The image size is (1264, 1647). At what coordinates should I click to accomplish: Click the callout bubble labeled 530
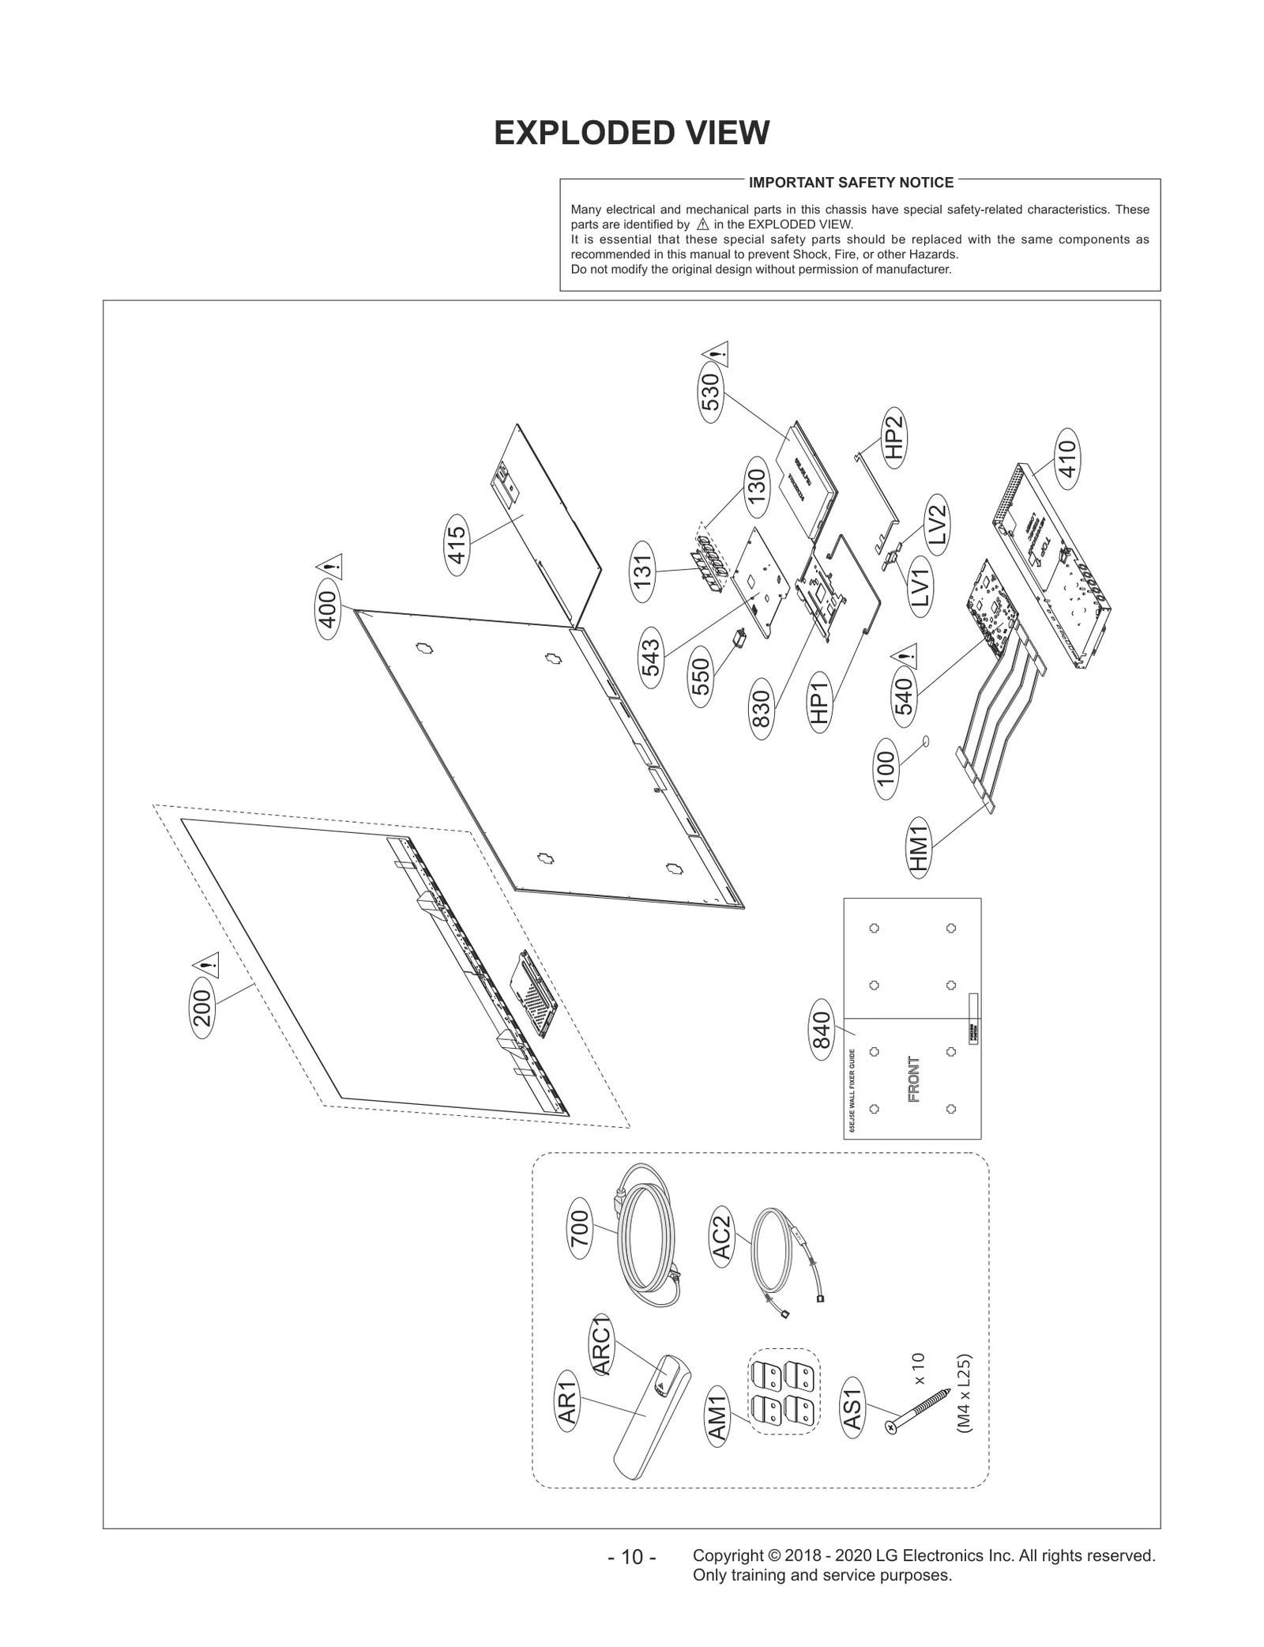tap(711, 393)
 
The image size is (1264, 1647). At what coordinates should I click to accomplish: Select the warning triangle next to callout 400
tap(329, 566)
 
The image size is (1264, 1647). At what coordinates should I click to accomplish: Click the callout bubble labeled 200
tap(203, 1008)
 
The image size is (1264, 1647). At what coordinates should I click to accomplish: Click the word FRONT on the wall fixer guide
tap(914, 1079)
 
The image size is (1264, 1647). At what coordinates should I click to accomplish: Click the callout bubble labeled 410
tap(1066, 458)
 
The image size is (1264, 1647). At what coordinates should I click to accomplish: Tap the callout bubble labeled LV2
tap(936, 522)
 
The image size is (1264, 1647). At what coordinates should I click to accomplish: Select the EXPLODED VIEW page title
tap(631, 133)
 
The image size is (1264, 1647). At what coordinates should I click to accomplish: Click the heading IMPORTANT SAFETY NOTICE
tap(851, 183)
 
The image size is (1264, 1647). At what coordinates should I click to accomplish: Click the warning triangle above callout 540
tap(905, 655)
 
